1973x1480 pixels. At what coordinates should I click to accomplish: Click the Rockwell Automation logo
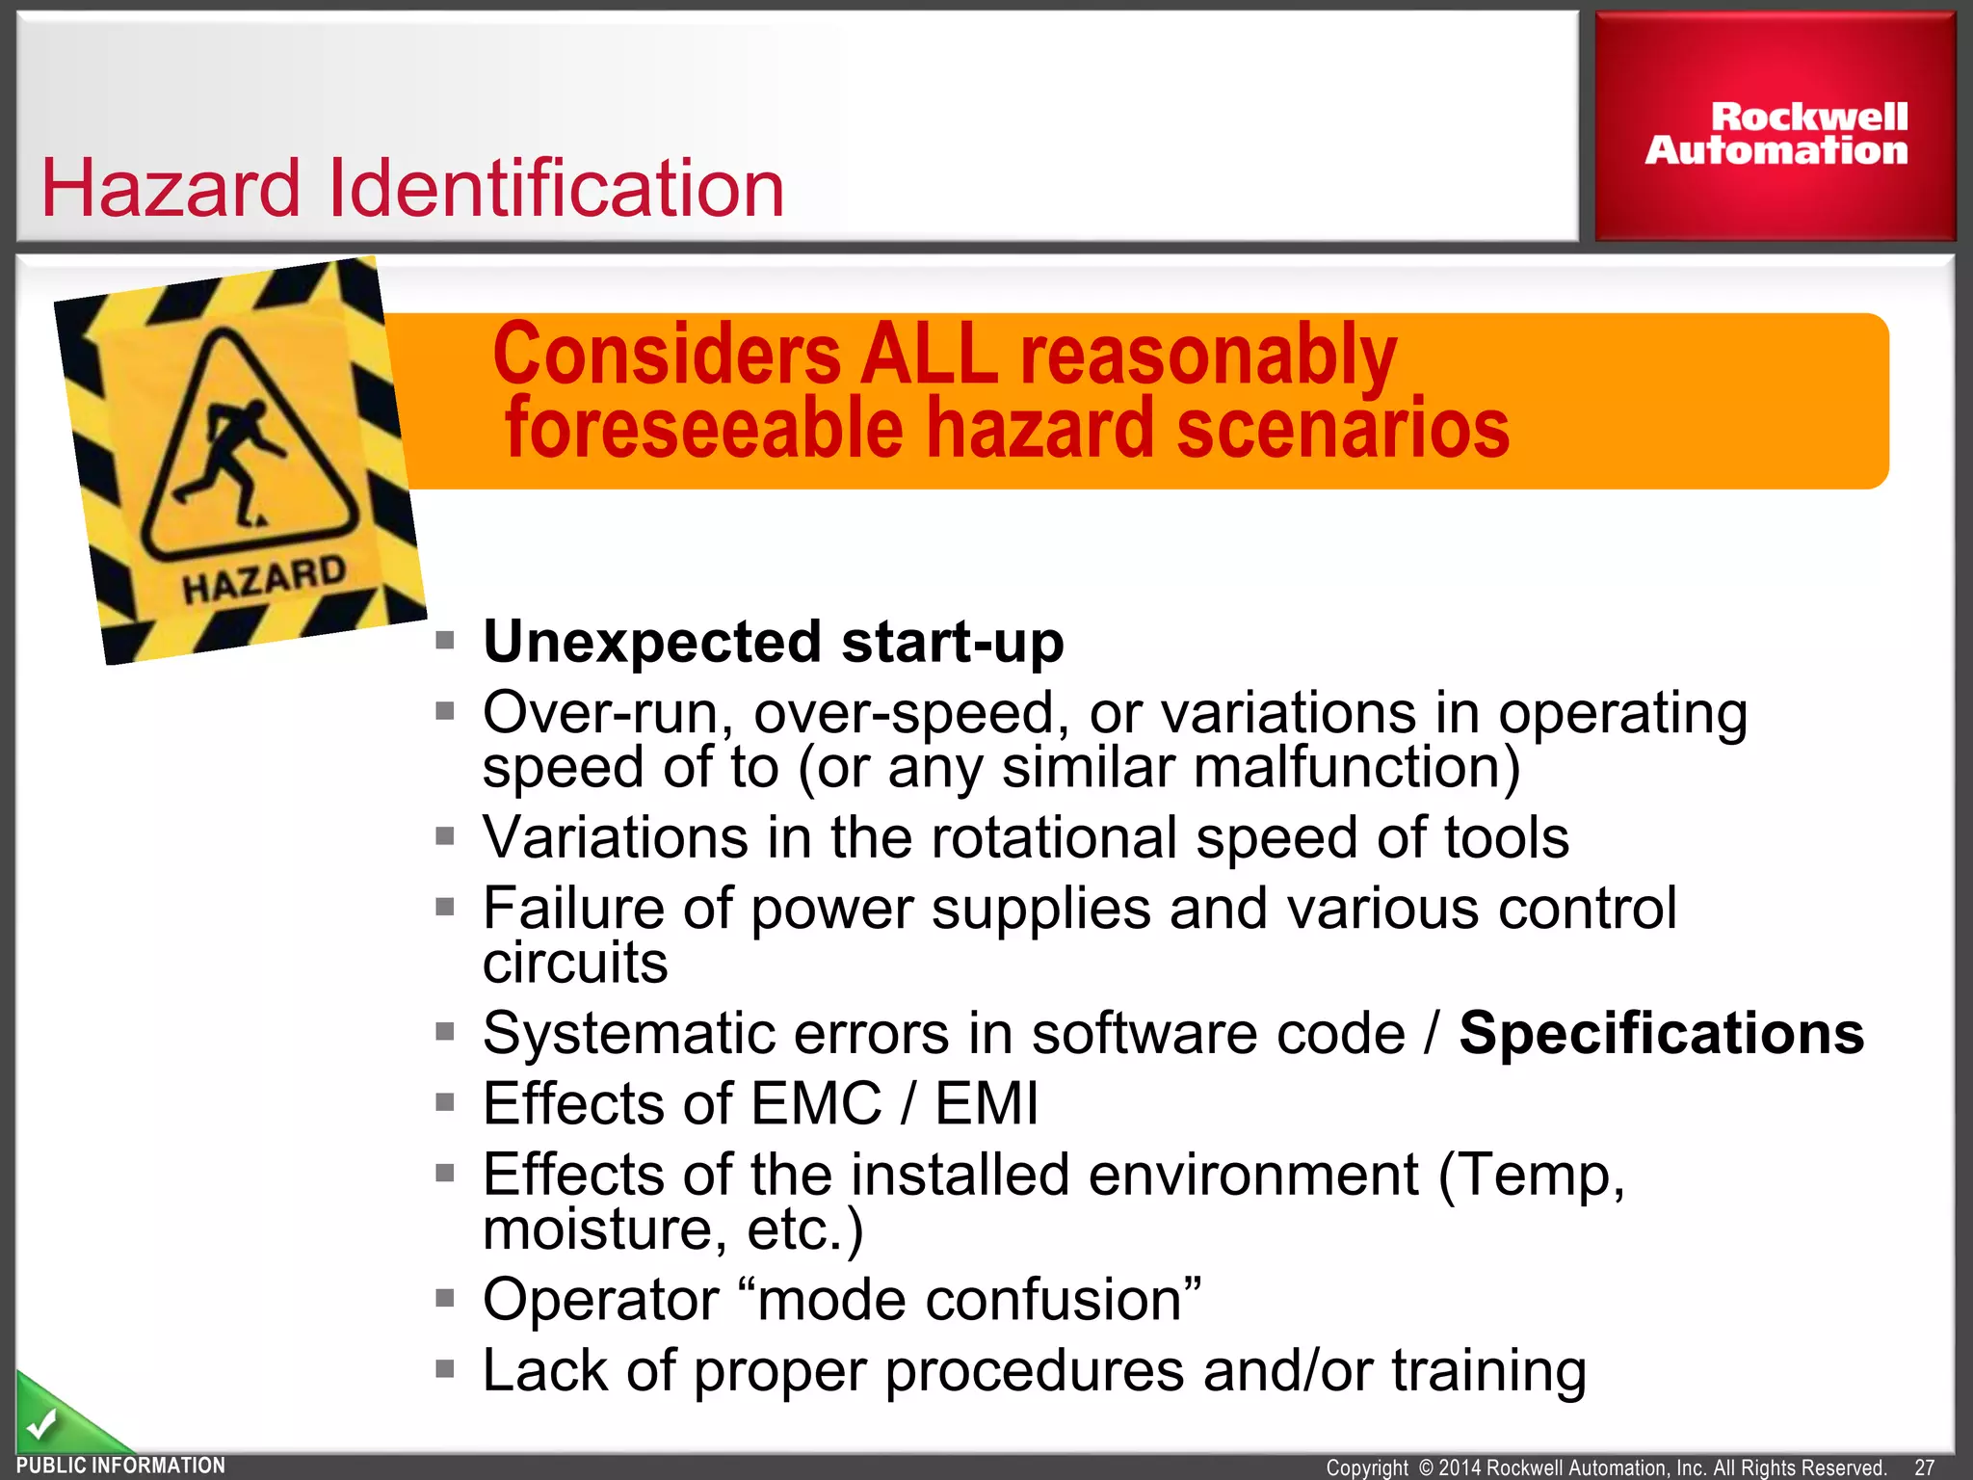(1776, 134)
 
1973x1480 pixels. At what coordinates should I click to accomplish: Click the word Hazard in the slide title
(171, 189)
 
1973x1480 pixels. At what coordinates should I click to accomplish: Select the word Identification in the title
(556, 189)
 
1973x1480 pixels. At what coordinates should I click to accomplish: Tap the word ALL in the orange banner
(929, 356)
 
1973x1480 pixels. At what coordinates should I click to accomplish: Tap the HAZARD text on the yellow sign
(264, 579)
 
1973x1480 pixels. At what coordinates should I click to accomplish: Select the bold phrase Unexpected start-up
(774, 642)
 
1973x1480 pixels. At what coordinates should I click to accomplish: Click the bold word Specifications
(1661, 1034)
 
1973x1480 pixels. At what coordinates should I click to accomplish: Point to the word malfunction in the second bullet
(1347, 768)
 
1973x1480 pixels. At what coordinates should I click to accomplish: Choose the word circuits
(575, 963)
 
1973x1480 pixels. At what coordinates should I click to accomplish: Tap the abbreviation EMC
(816, 1103)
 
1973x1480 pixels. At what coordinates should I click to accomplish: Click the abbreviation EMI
(986, 1103)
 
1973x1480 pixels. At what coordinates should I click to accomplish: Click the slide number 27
(1924, 1467)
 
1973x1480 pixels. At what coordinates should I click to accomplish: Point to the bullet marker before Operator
(444, 1299)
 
